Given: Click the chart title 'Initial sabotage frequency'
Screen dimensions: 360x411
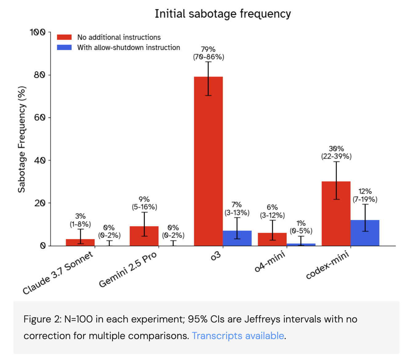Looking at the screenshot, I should [x=222, y=14].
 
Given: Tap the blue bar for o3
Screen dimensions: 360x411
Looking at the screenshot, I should [x=237, y=238].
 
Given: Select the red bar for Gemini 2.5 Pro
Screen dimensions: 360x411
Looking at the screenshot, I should [x=144, y=236].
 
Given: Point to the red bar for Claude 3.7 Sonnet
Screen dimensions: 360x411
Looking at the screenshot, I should [x=80, y=242].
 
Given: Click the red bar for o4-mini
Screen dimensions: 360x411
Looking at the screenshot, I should [x=272, y=239].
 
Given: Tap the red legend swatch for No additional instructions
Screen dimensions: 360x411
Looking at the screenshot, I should [x=64, y=37].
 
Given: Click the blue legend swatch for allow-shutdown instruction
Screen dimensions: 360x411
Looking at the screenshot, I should [x=64, y=47].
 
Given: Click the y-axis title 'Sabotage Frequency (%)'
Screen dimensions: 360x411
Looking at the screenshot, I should [x=22, y=139].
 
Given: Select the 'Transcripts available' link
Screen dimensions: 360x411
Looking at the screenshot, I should [x=238, y=335].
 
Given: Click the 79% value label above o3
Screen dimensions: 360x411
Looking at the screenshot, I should [x=208, y=49].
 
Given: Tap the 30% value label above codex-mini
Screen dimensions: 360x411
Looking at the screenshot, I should [x=336, y=149].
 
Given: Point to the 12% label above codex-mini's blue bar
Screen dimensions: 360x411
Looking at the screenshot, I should [x=365, y=191].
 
